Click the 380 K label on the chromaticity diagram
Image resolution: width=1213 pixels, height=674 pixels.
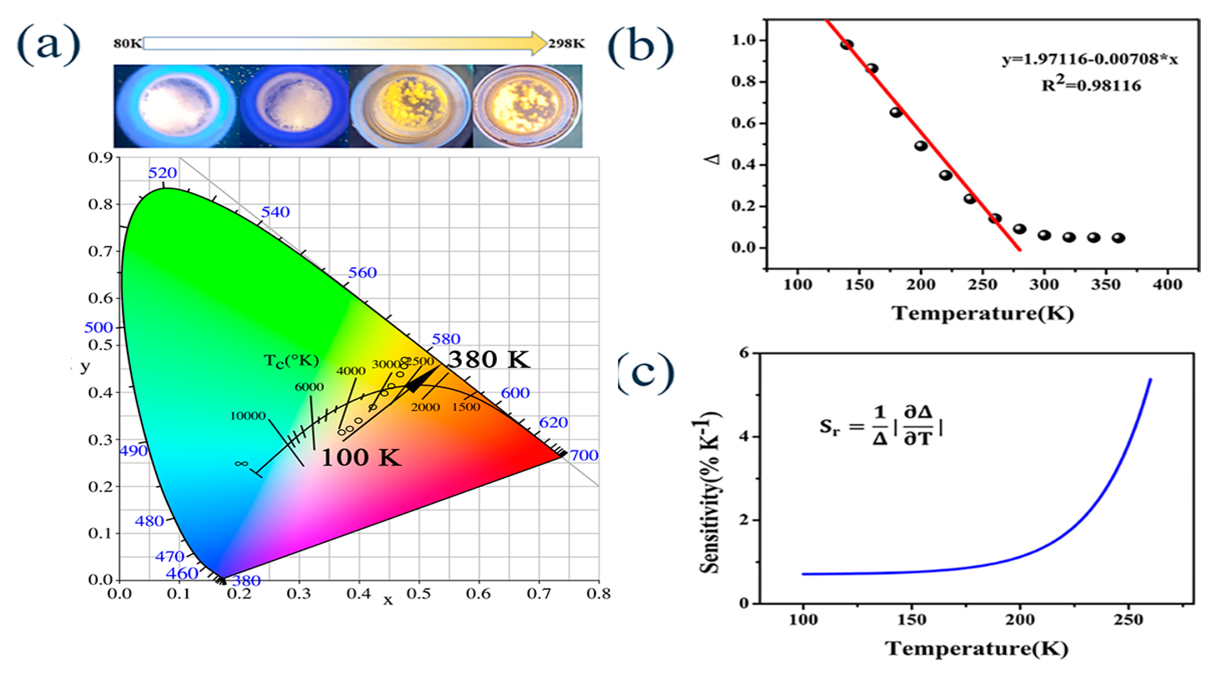[488, 360]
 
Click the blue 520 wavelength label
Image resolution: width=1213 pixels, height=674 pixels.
[162, 173]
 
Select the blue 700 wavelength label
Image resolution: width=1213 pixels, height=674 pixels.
[584, 455]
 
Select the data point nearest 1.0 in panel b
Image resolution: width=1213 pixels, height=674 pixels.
[847, 45]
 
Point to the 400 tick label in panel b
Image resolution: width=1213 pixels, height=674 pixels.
[1168, 285]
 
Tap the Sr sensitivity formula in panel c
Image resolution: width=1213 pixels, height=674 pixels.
[881, 426]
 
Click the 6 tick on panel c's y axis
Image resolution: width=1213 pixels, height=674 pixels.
[744, 353]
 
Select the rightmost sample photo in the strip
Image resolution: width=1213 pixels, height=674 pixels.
[527, 106]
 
